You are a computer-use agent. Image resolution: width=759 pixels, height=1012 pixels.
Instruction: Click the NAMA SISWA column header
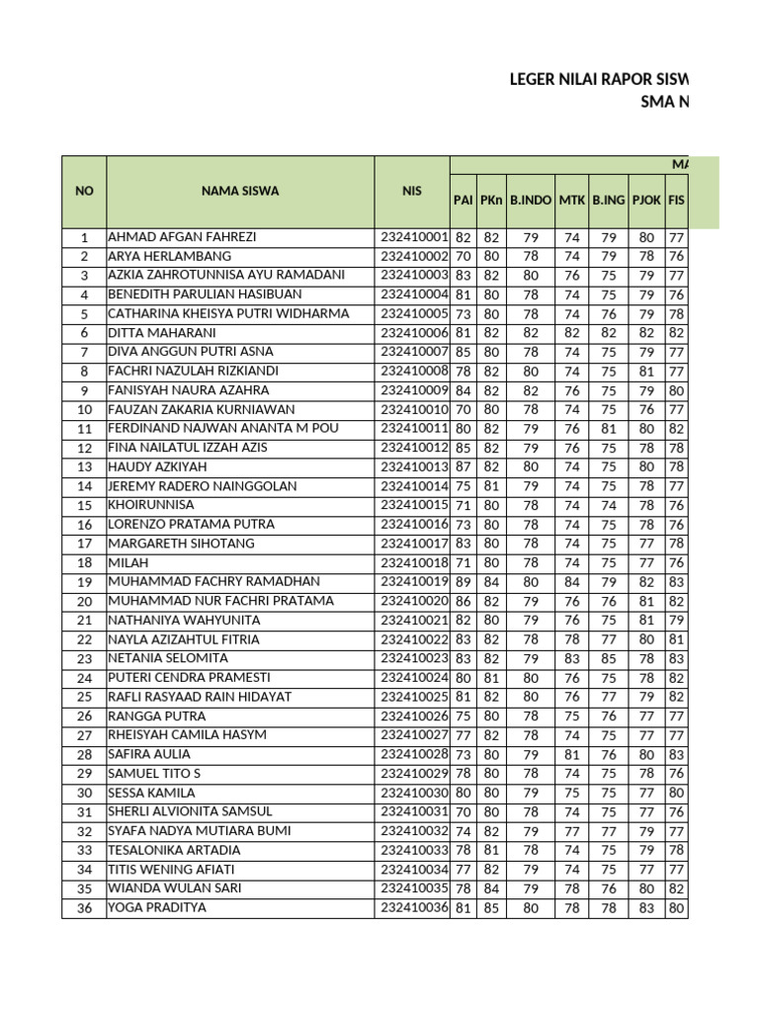[240, 191]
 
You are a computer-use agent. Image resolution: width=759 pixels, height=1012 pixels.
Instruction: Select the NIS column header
[411, 191]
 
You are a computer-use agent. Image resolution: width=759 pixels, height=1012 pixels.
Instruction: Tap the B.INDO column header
[531, 200]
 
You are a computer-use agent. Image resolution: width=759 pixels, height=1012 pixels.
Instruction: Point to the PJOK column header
[646, 200]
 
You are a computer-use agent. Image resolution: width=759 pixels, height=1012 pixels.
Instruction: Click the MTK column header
[571, 200]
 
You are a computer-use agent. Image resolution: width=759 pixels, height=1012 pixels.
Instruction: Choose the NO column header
[84, 191]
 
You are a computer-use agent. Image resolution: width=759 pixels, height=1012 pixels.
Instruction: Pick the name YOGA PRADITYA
[157, 907]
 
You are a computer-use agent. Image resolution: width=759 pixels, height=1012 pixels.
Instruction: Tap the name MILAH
[126, 562]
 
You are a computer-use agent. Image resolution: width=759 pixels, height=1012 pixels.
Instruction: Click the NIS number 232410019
[414, 582]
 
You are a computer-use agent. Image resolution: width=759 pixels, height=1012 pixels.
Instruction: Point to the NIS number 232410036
[414, 907]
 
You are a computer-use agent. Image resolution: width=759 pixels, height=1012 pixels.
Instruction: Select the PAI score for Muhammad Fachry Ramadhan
[464, 582]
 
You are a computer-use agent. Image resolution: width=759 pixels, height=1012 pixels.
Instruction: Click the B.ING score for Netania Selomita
[609, 658]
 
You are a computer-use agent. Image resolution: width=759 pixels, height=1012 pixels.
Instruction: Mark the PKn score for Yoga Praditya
[491, 907]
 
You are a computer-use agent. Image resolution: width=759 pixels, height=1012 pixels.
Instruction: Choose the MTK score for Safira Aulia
[571, 754]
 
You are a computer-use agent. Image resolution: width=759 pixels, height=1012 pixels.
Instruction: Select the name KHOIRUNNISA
[151, 505]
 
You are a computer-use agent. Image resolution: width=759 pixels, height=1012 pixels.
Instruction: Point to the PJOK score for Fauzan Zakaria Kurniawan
[646, 409]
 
